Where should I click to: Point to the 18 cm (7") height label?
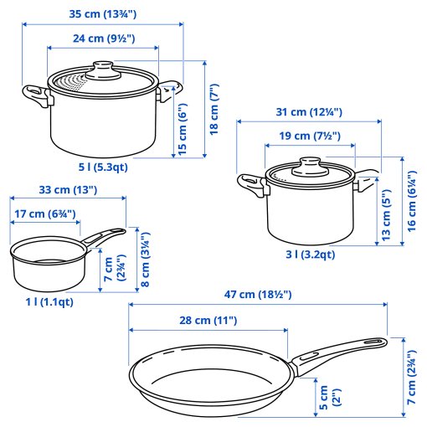[213, 106]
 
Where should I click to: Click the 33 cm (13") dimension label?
[68, 190]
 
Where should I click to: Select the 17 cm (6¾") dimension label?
[47, 214]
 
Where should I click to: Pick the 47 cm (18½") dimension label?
[257, 295]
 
